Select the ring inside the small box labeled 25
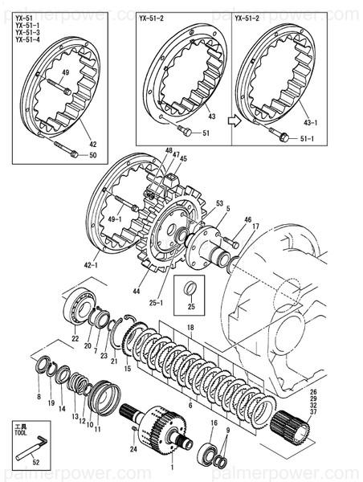point(190,288)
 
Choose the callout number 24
point(133,450)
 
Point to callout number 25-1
point(157,303)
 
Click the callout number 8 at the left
point(38,397)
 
